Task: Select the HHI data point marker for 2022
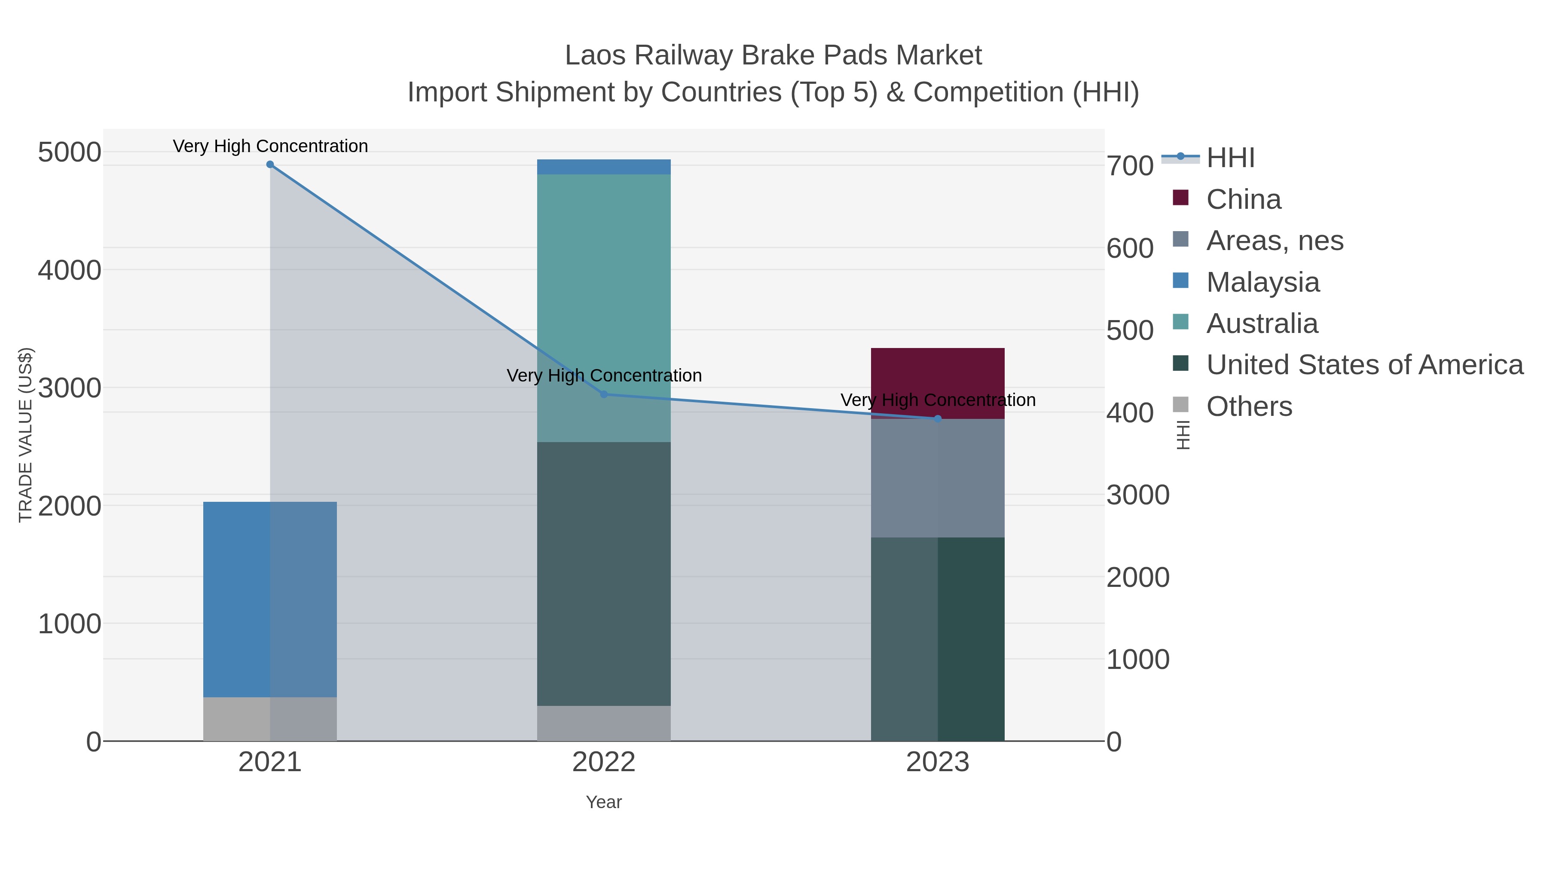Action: [604, 394]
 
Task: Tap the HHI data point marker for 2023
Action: [938, 418]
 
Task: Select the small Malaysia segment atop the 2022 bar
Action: [604, 167]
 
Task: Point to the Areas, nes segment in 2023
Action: [938, 478]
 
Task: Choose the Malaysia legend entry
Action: [1263, 282]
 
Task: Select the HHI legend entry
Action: [1230, 158]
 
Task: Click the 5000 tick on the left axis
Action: [70, 153]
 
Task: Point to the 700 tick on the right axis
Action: [1130, 166]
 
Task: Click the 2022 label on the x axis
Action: [604, 763]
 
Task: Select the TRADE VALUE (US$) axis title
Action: [25, 435]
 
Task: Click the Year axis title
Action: [604, 802]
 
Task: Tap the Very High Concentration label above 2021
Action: [270, 146]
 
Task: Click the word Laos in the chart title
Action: [595, 55]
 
